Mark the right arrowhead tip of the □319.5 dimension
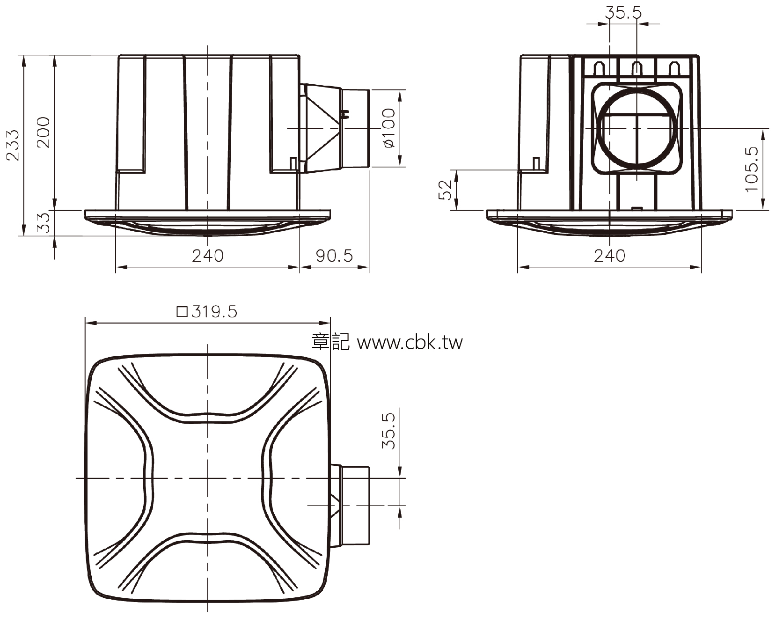tap(330, 323)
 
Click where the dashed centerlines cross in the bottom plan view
tap(207, 478)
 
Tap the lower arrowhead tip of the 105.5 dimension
tap(763, 209)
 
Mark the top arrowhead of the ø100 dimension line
tap(401, 94)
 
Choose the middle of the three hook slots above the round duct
tap(636, 68)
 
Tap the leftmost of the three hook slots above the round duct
tap(599, 68)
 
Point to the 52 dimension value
tap(447, 190)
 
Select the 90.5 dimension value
tap(334, 256)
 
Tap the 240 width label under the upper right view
tap(609, 256)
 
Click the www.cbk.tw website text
tap(410, 343)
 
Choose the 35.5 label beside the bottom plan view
tap(389, 431)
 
